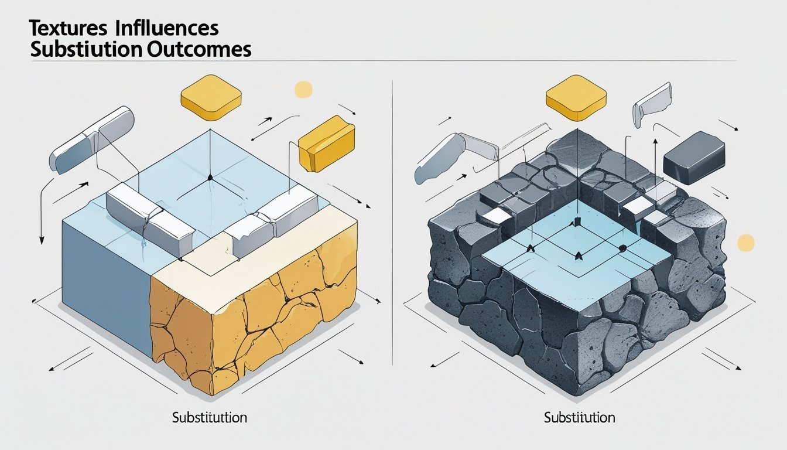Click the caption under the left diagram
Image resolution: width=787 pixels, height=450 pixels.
coord(210,418)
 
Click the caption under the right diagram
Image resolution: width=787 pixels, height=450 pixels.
coord(579,418)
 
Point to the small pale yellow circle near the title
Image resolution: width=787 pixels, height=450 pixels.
coord(303,89)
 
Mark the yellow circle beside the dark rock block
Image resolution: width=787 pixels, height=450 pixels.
coord(745,243)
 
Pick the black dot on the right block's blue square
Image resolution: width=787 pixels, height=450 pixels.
coord(622,248)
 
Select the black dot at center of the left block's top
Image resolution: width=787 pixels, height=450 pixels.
coord(208,177)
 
